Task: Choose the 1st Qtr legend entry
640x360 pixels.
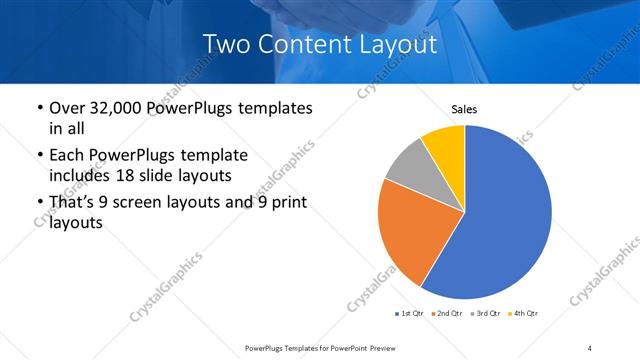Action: [412, 314]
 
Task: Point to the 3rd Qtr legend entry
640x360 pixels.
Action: [486, 314]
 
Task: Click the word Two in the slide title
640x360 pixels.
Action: [224, 44]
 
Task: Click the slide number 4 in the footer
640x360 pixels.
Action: [590, 347]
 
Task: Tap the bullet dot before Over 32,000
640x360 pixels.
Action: [38, 108]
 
